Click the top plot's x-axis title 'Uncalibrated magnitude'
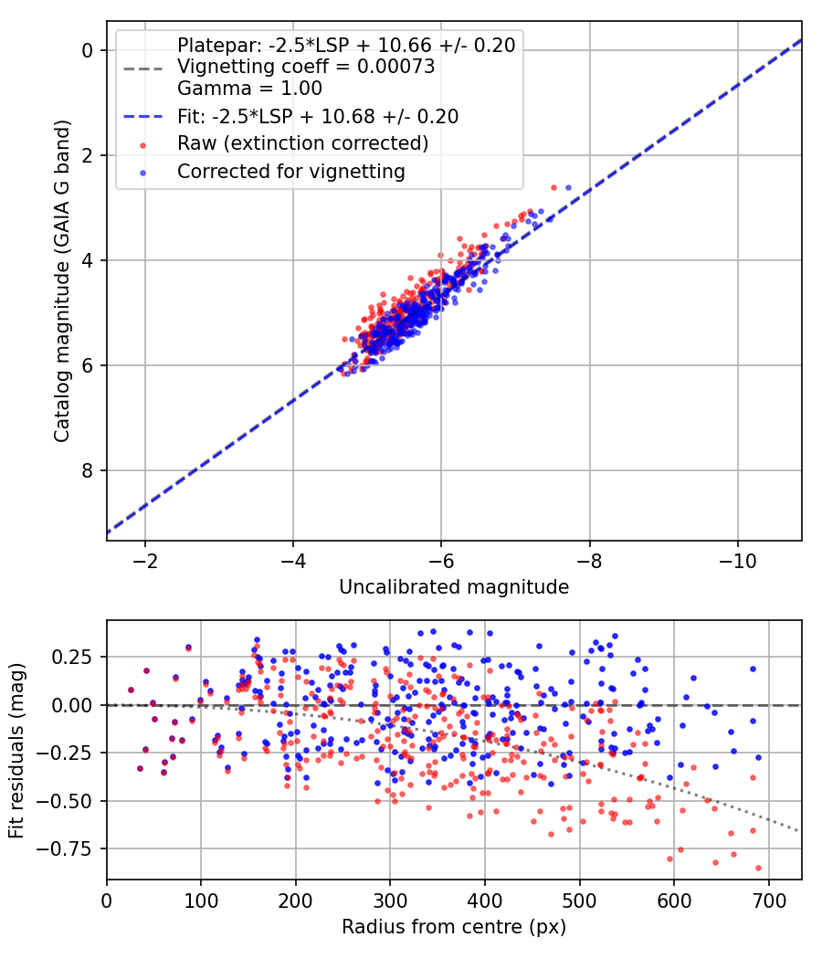454,587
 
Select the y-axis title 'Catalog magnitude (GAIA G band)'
61,280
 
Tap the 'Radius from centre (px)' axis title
454,927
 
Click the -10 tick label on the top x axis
737,561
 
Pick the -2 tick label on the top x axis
145,561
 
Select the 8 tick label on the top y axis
88,470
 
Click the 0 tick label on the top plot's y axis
88,50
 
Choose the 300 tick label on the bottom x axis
390,901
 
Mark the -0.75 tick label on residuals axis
64,848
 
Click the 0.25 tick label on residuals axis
72,657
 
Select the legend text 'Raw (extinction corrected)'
302,143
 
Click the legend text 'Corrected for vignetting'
291,172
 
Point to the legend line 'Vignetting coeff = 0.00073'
306,66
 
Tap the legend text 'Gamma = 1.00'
249,88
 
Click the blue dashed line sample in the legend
143,117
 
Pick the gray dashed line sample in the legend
143,68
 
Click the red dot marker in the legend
143,145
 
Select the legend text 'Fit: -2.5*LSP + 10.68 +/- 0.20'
318,116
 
